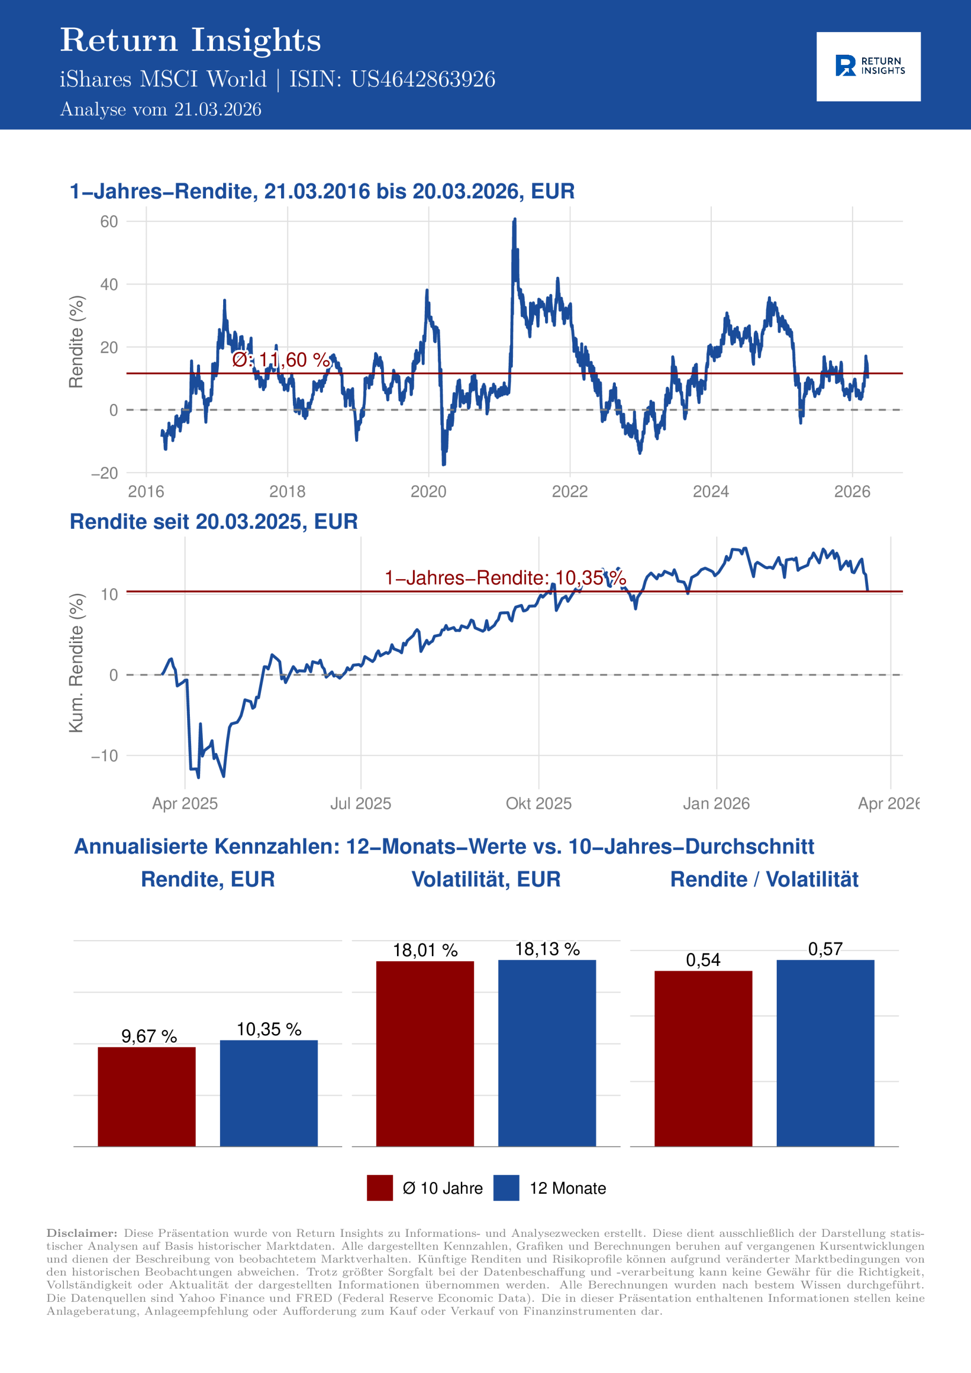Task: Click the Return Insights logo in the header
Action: (x=868, y=67)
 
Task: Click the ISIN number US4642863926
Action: (x=422, y=79)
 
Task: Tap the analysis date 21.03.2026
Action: (x=217, y=109)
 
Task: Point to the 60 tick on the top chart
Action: (x=109, y=222)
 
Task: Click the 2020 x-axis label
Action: (x=428, y=492)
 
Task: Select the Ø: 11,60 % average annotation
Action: (x=281, y=359)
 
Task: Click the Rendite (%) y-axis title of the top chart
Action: (x=76, y=342)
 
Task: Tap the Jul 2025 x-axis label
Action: (x=360, y=803)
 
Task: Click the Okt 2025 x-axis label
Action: (x=539, y=803)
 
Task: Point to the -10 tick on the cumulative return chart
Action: (x=105, y=756)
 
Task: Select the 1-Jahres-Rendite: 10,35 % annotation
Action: (x=505, y=578)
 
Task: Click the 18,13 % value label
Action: (x=547, y=949)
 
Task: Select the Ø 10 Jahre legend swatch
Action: (x=380, y=1187)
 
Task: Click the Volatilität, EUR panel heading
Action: (x=486, y=879)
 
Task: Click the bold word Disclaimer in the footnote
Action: (x=82, y=1233)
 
